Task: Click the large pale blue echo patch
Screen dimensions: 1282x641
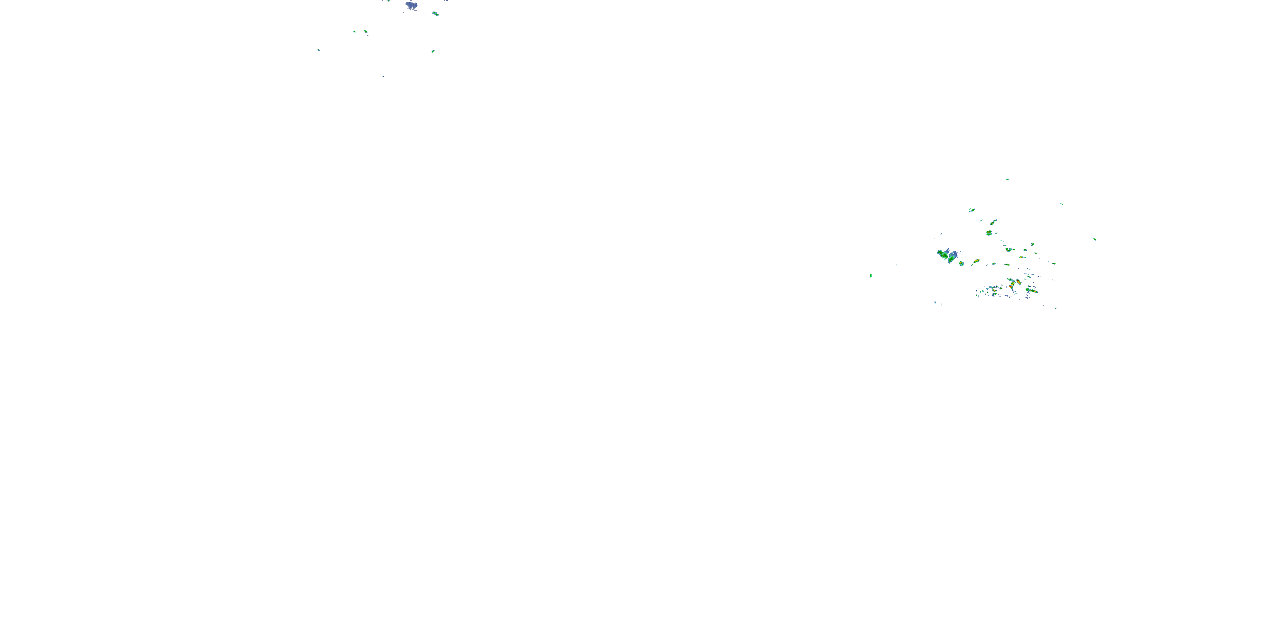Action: click(411, 6)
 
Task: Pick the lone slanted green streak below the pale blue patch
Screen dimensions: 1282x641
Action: click(432, 51)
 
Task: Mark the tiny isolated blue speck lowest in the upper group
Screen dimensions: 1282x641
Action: click(383, 76)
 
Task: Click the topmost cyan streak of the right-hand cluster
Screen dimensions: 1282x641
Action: click(1007, 179)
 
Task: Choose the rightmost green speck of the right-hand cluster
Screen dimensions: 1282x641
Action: click(1094, 239)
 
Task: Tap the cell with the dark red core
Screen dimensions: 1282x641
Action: click(1018, 282)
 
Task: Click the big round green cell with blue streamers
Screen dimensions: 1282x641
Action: click(943, 255)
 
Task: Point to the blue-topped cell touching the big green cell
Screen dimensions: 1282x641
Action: click(953, 257)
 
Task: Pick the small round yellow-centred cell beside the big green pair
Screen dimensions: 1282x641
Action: click(961, 263)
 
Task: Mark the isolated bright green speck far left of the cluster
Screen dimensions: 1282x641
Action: click(870, 276)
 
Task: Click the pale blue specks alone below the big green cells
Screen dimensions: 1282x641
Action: click(935, 303)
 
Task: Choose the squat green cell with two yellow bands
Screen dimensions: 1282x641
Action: click(989, 233)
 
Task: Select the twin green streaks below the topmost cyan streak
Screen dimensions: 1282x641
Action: click(971, 210)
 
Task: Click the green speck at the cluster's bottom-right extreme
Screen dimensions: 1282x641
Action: click(1056, 308)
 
